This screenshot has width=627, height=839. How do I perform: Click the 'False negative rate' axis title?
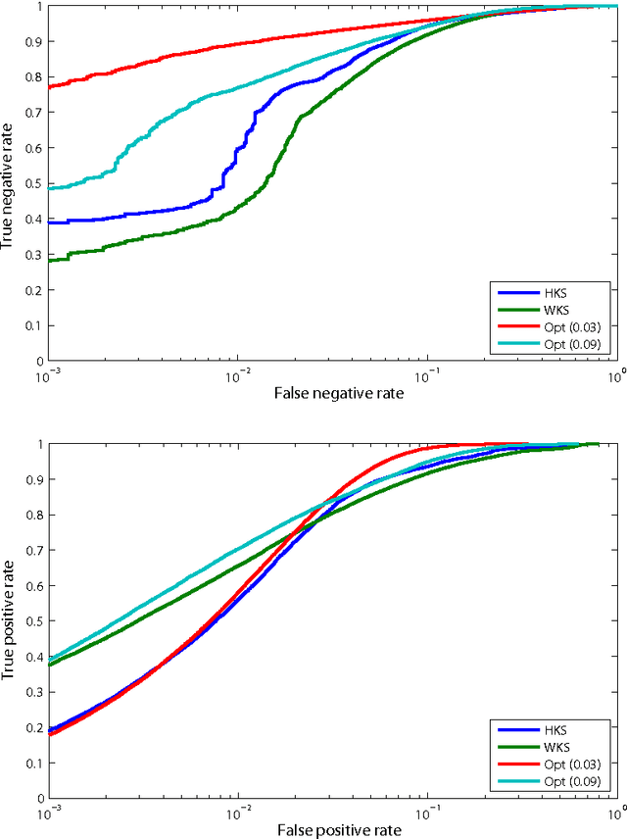click(x=331, y=393)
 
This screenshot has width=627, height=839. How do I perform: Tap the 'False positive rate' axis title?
click(x=331, y=830)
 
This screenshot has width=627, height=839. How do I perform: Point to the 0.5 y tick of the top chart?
click(x=32, y=183)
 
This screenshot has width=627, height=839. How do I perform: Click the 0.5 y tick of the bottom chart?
click(x=32, y=621)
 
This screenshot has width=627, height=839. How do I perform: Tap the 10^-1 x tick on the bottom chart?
click(x=425, y=813)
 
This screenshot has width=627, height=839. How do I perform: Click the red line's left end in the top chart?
click(x=49, y=86)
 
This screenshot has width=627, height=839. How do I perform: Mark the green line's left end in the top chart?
click(x=49, y=260)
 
